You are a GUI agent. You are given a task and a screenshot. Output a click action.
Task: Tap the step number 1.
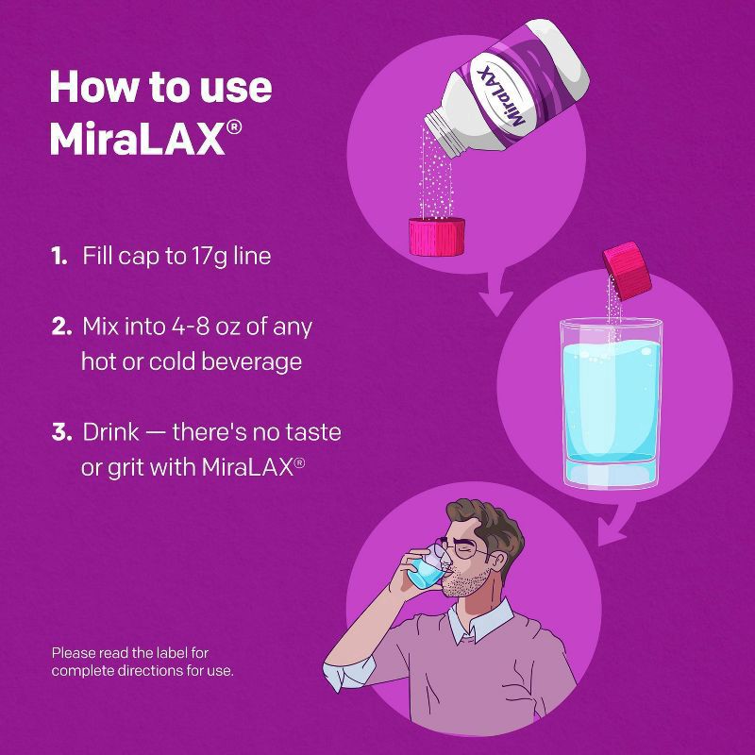pos(59,256)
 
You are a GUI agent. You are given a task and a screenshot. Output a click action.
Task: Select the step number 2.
pos(60,327)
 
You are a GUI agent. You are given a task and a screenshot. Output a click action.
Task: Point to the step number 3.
pos(61,433)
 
